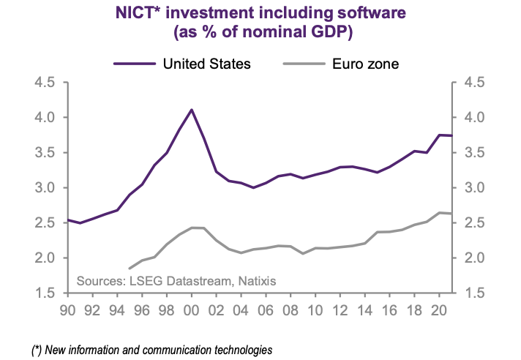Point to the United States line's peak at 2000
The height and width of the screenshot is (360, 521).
[192, 110]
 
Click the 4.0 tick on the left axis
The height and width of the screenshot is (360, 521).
[45, 118]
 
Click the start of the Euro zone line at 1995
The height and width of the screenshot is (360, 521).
[130, 269]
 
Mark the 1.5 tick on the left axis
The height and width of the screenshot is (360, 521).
[45, 293]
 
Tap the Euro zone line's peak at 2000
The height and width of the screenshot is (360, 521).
[192, 228]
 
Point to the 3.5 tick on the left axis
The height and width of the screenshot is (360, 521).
[45, 153]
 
